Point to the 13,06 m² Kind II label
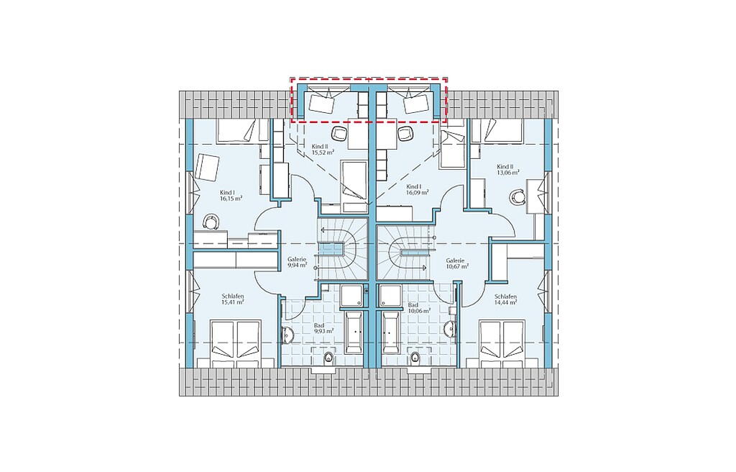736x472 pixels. pyautogui.click(x=508, y=169)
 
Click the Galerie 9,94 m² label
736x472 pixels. pyautogui.click(x=297, y=262)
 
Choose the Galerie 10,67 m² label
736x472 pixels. pyautogui.click(x=457, y=263)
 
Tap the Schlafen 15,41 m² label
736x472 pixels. pyautogui.click(x=233, y=299)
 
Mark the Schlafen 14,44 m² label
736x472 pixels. pyautogui.click(x=505, y=299)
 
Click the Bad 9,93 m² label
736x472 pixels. pyautogui.click(x=323, y=328)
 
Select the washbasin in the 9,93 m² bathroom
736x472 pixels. pyautogui.click(x=287, y=335)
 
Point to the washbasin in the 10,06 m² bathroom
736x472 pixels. pyautogui.click(x=451, y=329)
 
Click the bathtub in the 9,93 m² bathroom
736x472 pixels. pyautogui.click(x=354, y=332)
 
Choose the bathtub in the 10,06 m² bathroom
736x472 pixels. pyautogui.click(x=391, y=332)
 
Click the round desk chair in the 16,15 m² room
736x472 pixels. pyautogui.click(x=211, y=220)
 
